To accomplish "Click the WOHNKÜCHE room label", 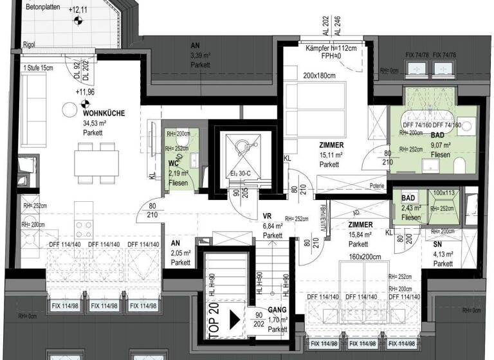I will (x=104, y=113).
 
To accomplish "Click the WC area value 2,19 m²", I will (x=178, y=173).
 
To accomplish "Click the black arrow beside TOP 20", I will (x=235, y=319).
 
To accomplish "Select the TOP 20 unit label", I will (x=215, y=319).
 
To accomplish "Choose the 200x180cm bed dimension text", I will (x=320, y=75).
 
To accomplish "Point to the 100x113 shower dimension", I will (x=444, y=193).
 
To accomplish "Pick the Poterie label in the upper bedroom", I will (x=359, y=185).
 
